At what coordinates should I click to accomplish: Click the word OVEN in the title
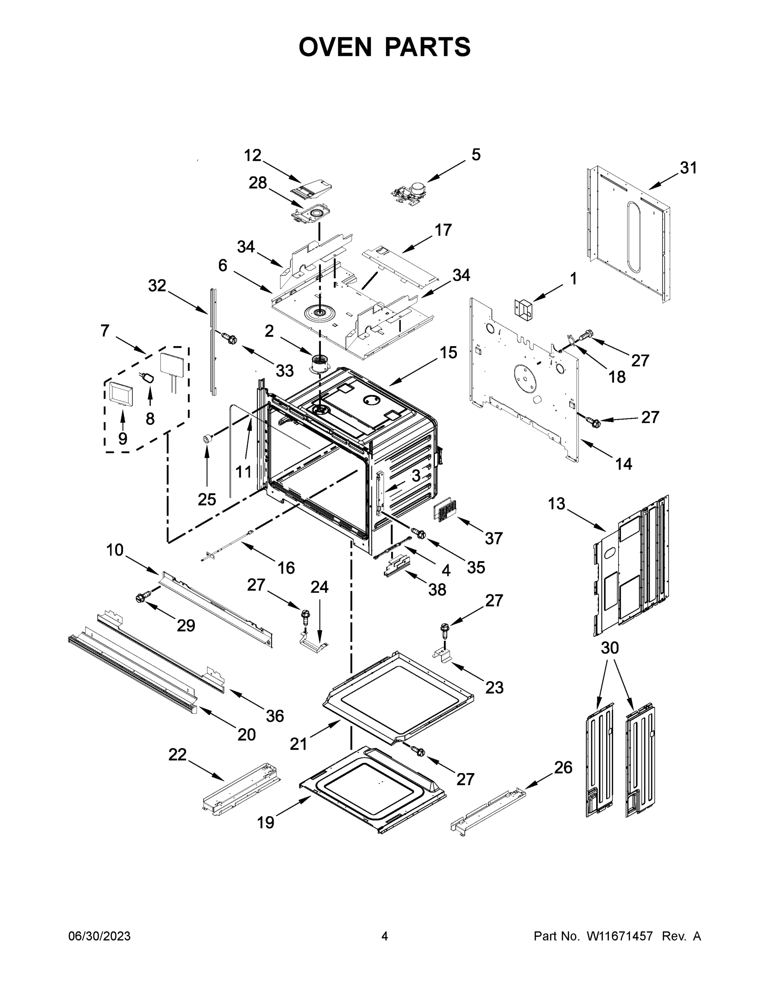pyautogui.click(x=335, y=47)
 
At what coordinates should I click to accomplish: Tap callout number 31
pyautogui.click(x=688, y=168)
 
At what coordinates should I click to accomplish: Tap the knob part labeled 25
pyautogui.click(x=208, y=438)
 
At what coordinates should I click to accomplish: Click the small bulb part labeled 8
pyautogui.click(x=148, y=377)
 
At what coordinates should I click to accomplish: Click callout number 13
pyautogui.click(x=556, y=504)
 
